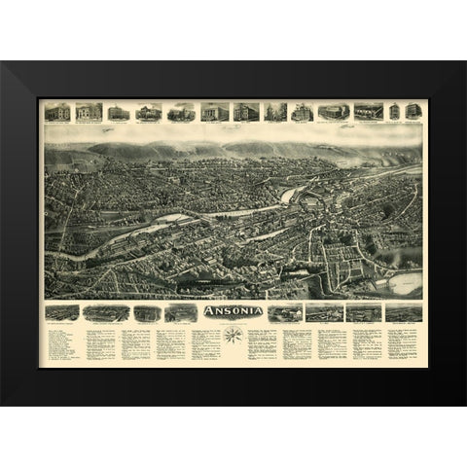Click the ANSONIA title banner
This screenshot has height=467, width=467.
232,312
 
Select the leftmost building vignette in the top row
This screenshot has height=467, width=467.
57,111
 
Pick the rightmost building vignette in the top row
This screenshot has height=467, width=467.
413,111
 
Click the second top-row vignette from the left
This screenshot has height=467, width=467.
89,111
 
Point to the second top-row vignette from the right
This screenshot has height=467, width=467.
394,111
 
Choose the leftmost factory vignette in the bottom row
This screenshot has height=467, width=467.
62,312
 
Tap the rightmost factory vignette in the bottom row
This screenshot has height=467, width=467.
404,312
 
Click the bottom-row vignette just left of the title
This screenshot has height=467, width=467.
180,312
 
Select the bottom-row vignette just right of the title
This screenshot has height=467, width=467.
285,312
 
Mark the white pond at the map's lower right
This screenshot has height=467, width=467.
404,284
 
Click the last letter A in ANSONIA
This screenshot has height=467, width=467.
259,312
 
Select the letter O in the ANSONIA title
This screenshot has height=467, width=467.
232,312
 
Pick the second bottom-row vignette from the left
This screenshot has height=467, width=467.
105,312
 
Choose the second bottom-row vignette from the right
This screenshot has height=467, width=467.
363,312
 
